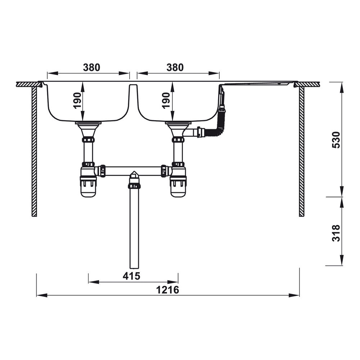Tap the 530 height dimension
tap(335, 140)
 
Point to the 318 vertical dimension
tap(335, 233)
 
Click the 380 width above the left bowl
tap(91, 67)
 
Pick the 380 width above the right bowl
tap(175, 67)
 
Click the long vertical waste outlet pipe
tap(134, 230)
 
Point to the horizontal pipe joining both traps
tap(133, 171)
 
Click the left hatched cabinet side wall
tap(34, 151)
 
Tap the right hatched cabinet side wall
tap(302, 151)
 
